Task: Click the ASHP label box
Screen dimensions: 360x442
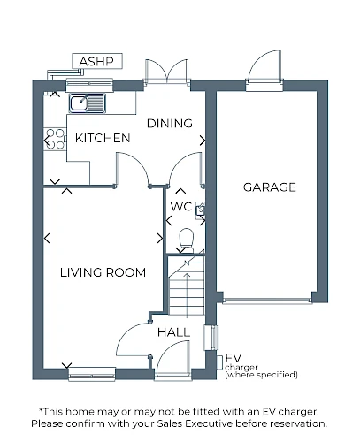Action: (x=97, y=61)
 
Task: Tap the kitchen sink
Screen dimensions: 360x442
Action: (x=88, y=103)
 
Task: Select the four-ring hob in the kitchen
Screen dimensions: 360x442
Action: (x=55, y=139)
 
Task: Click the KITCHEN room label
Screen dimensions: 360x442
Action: (x=103, y=138)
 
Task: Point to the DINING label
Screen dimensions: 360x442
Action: (x=170, y=123)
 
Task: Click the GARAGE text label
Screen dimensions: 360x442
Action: (x=270, y=187)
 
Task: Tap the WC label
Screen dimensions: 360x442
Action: (x=181, y=207)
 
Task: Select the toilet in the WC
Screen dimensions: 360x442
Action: (x=187, y=240)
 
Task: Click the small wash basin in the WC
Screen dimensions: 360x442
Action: (x=201, y=210)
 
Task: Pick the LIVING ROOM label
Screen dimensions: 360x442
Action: (x=103, y=272)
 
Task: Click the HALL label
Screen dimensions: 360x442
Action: (x=173, y=332)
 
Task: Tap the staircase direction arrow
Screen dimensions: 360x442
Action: (x=188, y=295)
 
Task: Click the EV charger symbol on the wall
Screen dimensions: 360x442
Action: (x=219, y=362)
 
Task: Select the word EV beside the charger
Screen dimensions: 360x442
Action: (x=234, y=358)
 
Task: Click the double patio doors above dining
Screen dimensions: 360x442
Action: (x=167, y=71)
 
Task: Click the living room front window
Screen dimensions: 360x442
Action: (x=92, y=374)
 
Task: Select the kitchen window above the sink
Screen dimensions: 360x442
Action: (x=89, y=85)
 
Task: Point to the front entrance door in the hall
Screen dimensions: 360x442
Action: (x=173, y=359)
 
